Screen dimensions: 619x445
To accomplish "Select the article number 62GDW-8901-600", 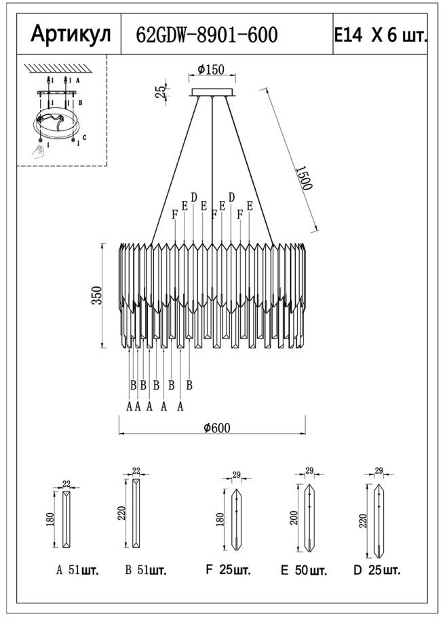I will [x=207, y=35].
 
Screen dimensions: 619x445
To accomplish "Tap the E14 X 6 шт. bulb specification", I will [x=381, y=35].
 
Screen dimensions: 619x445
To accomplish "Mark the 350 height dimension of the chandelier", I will [x=97, y=295].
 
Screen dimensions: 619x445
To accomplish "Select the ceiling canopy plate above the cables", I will [x=212, y=93].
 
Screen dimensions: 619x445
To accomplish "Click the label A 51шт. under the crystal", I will [x=77, y=570].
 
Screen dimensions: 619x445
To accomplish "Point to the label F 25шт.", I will [x=228, y=570].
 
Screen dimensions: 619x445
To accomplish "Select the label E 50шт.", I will [x=303, y=570].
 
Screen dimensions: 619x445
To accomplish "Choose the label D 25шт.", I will [x=376, y=570].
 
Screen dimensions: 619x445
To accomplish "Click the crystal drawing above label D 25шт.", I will [x=378, y=520].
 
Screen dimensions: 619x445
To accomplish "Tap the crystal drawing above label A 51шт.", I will [x=66, y=519].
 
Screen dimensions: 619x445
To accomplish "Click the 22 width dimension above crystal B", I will [x=136, y=470].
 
